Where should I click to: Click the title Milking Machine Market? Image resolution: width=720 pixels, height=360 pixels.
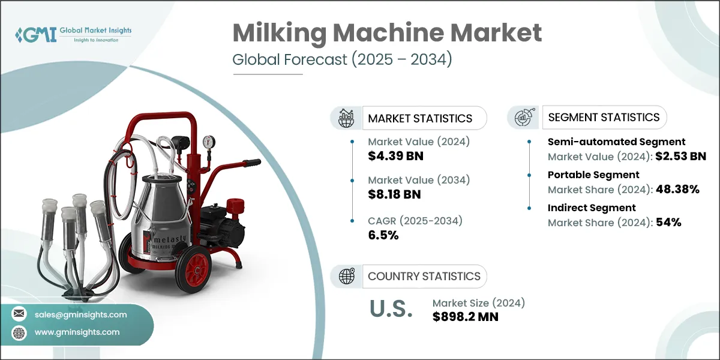387,34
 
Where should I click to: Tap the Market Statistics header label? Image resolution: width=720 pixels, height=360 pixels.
420,118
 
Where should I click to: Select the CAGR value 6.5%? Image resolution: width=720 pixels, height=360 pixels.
383,235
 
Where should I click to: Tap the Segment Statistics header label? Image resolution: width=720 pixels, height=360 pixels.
604,117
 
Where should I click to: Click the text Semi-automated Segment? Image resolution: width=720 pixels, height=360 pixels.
616,142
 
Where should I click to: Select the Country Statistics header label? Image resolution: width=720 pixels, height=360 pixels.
424,276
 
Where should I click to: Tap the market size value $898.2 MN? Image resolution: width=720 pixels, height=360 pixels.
465,316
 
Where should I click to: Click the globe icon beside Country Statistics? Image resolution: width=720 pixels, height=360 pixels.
346,276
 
